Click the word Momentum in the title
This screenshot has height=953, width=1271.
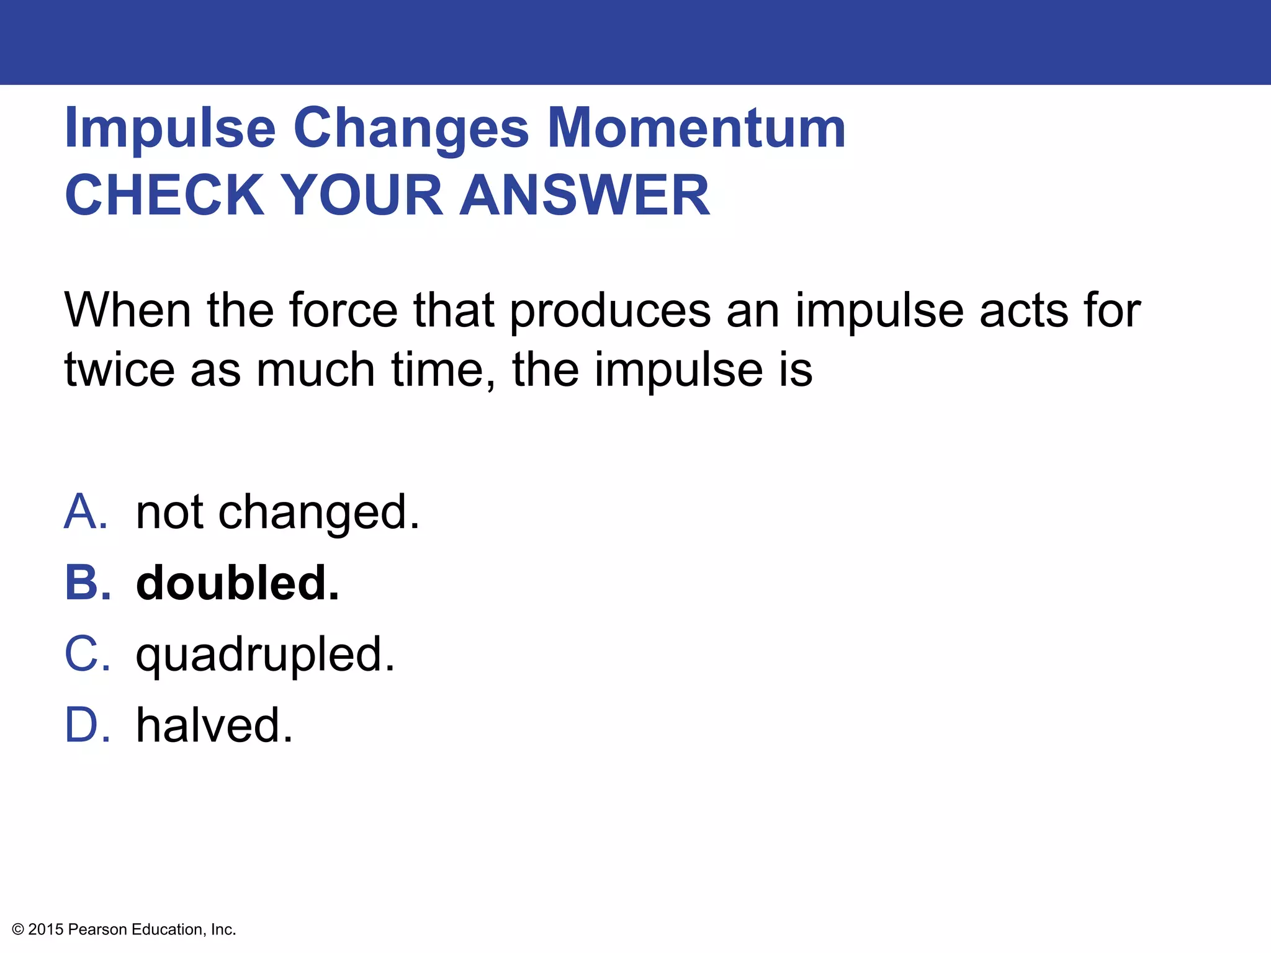point(696,128)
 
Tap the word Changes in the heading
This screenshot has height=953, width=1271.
point(411,128)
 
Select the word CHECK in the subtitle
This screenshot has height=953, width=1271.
point(165,195)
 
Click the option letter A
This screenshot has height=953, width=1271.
point(86,512)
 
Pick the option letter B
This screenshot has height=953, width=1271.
point(88,583)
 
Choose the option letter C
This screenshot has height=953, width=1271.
point(88,654)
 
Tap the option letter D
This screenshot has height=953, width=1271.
point(88,725)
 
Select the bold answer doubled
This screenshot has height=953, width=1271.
point(238,583)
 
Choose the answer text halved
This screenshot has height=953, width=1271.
point(214,725)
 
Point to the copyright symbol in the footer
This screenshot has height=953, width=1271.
point(18,929)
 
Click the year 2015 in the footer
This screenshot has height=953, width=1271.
point(46,929)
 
